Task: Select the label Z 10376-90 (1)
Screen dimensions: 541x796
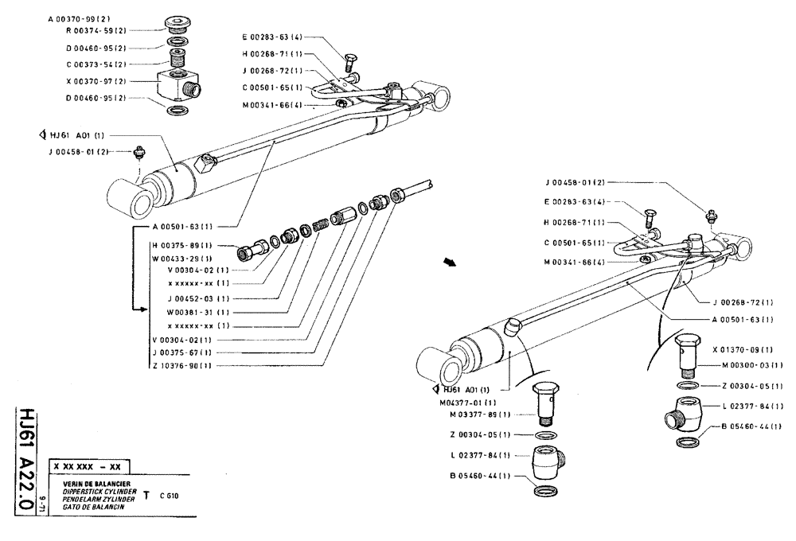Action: pyautogui.click(x=182, y=366)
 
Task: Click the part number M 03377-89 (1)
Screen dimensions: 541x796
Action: pyautogui.click(x=481, y=415)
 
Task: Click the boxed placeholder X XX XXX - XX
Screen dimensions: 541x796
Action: pyautogui.click(x=88, y=466)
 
